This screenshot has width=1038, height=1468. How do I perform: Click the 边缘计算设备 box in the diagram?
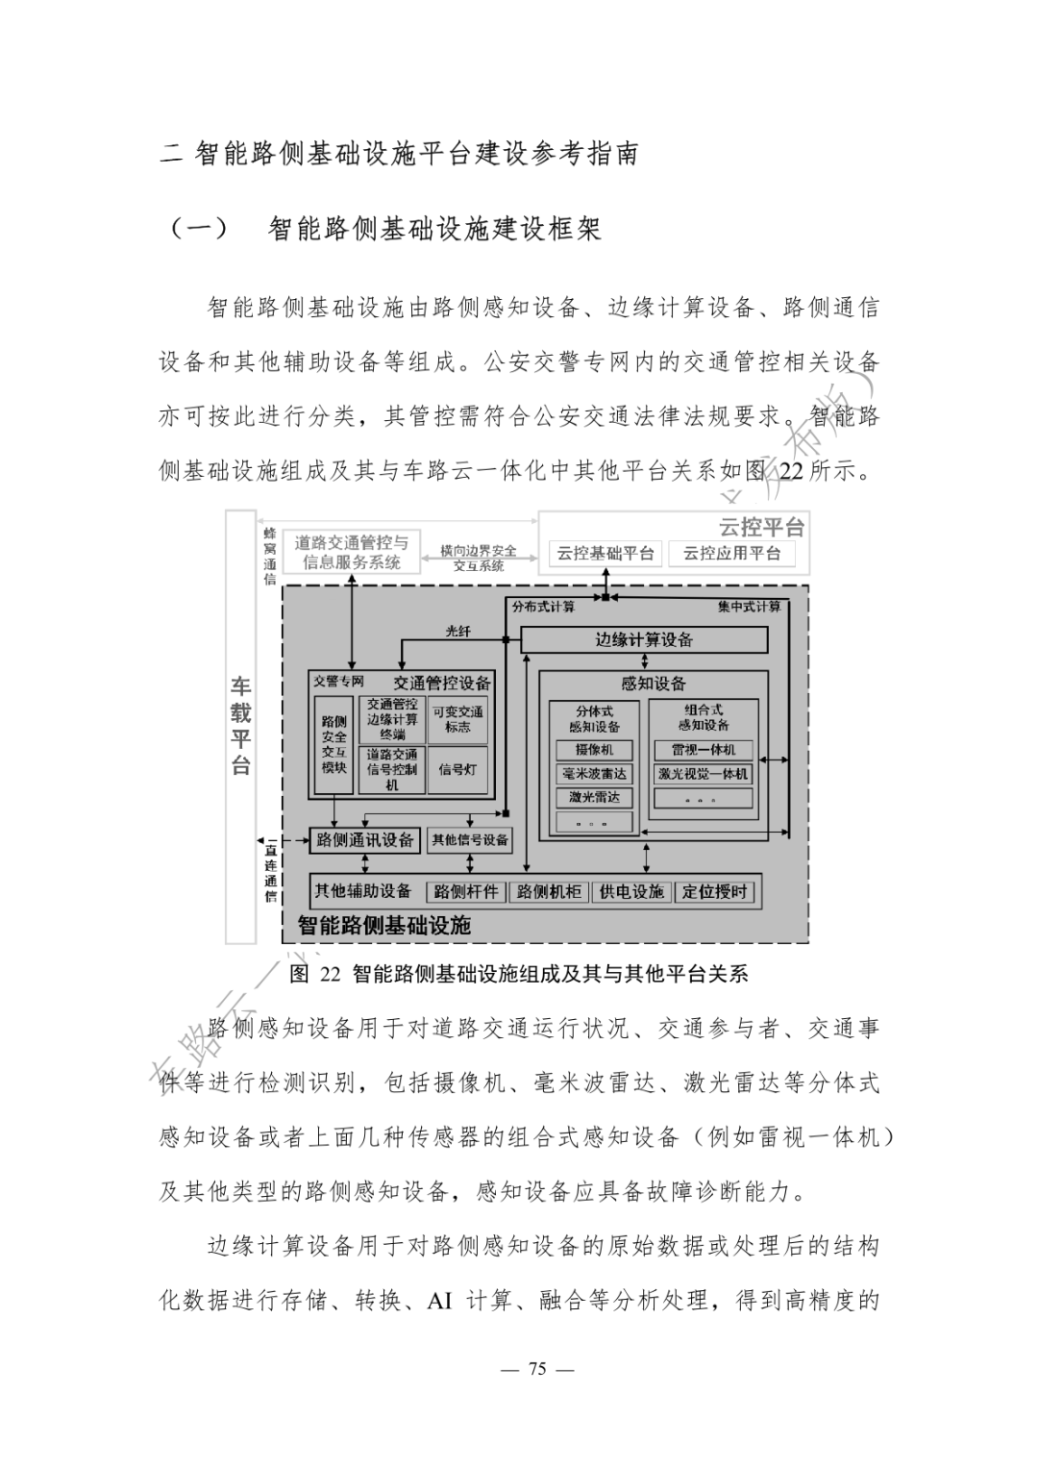coord(644,640)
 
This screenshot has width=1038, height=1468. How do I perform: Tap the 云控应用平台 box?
coord(732,554)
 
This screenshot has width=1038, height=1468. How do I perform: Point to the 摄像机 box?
coord(594,750)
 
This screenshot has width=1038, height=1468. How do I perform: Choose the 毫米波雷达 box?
coord(594,774)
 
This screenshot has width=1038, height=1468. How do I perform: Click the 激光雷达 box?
coord(594,797)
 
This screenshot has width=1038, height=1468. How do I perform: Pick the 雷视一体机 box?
coord(704,750)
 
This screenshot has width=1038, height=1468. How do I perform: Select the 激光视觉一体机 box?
coord(704,774)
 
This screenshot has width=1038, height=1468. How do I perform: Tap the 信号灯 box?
coord(457,770)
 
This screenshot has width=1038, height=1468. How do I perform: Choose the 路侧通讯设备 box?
coord(365,840)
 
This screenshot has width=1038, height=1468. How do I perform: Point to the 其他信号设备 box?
coord(470,840)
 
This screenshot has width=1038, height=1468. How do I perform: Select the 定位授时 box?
coord(715,892)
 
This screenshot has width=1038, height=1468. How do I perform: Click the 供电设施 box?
coord(631,892)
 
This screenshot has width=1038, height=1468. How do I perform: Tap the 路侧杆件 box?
coord(465,892)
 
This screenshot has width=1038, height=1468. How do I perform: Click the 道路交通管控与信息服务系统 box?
coord(352,553)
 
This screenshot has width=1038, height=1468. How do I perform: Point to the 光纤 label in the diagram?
coord(458,632)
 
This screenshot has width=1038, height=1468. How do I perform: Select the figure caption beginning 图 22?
coord(519,974)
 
